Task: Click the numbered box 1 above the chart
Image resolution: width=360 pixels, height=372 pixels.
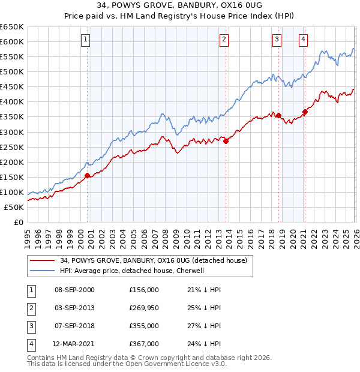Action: point(85,40)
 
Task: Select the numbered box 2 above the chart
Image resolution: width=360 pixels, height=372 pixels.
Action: point(224,40)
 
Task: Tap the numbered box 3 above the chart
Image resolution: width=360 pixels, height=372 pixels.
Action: point(277,40)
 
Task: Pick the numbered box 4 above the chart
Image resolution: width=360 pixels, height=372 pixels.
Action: point(303,40)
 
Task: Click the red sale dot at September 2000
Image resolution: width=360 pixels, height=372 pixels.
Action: point(88,175)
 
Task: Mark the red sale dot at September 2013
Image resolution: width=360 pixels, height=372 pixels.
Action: point(226,141)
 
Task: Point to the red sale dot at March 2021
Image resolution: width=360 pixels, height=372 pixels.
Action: point(305,112)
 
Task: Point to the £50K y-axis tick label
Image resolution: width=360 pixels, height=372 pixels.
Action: point(14,208)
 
